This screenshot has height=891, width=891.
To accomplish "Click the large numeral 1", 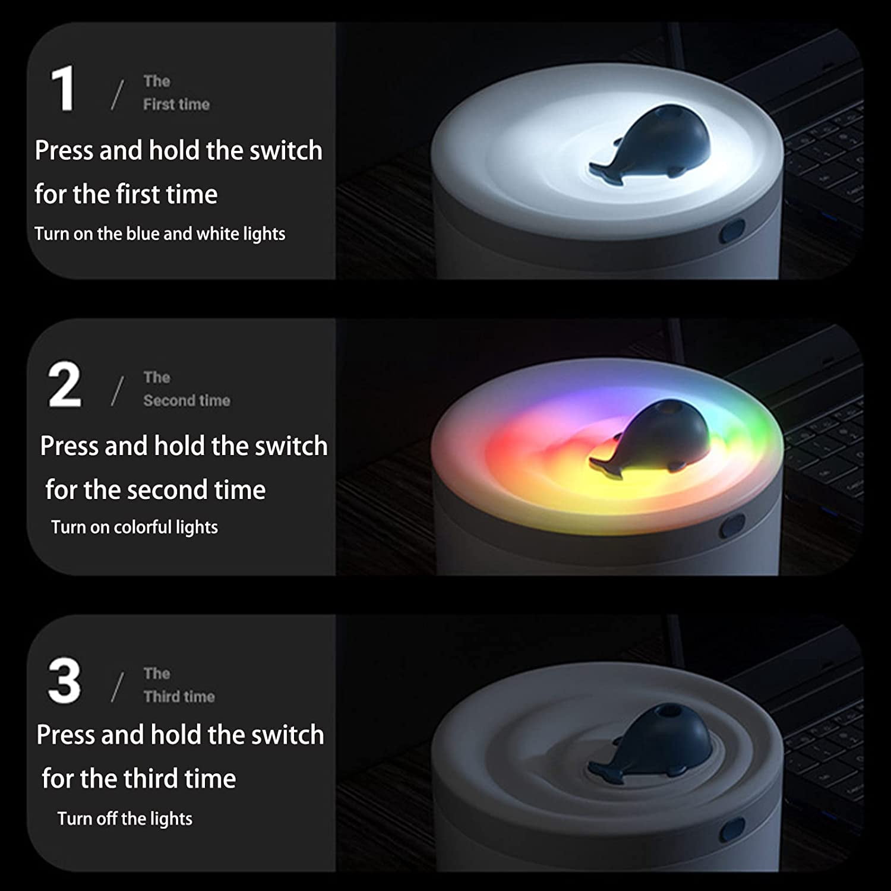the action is pyautogui.click(x=63, y=89).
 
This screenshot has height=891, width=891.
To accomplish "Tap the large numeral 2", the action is pyautogui.click(x=64, y=384).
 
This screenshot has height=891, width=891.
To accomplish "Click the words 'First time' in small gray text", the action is pyautogui.click(x=176, y=105).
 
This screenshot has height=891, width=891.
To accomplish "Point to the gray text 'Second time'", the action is pyautogui.click(x=187, y=400).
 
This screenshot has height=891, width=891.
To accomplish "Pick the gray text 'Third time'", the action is pyautogui.click(x=179, y=696).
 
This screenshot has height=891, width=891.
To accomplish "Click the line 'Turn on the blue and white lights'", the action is pyautogui.click(x=160, y=234).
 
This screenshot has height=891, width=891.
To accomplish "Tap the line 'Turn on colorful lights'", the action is pyautogui.click(x=134, y=527).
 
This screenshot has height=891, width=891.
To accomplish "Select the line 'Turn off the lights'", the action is pyautogui.click(x=125, y=819).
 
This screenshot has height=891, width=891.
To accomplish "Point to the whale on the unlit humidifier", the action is pyautogui.click(x=652, y=742).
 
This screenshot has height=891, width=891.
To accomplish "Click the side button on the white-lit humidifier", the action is pyautogui.click(x=732, y=231).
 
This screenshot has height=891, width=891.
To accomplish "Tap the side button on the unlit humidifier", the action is pyautogui.click(x=732, y=829).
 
